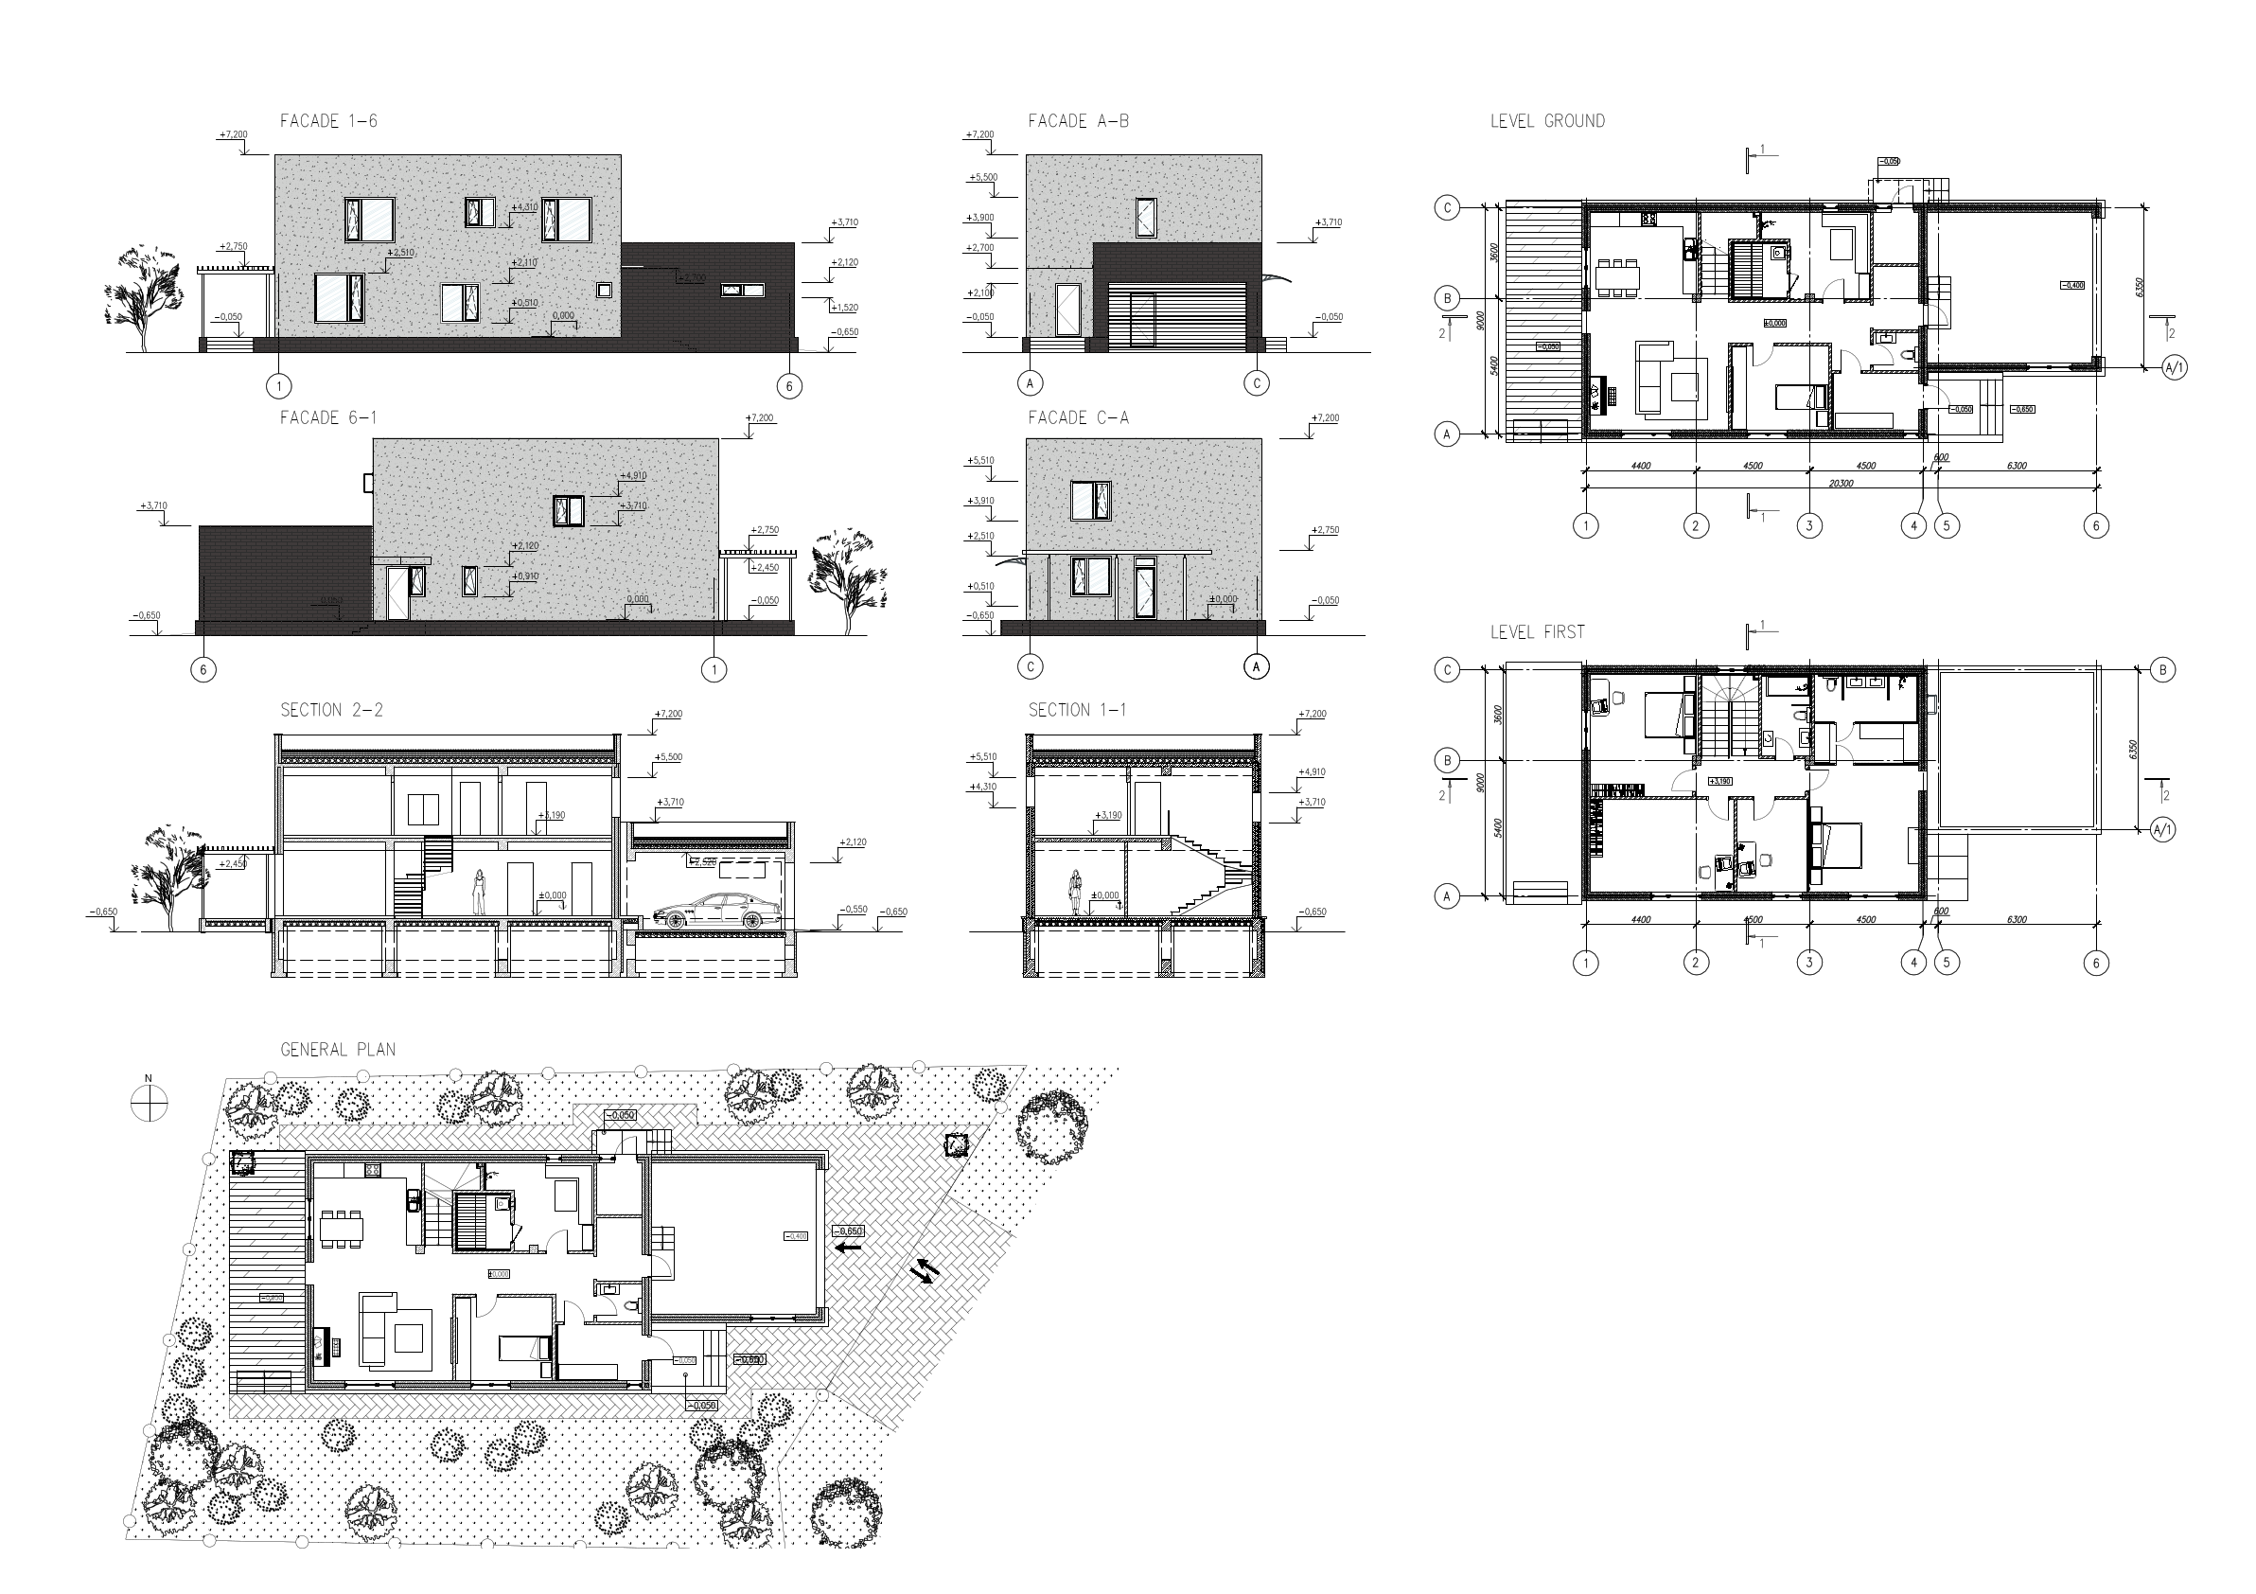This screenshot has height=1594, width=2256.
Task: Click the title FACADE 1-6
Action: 328,122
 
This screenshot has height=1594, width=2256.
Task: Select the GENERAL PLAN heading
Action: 338,1050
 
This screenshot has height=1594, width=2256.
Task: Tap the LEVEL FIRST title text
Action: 1537,632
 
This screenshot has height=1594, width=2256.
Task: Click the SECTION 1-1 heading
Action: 1077,711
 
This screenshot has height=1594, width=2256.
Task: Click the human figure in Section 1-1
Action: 1077,894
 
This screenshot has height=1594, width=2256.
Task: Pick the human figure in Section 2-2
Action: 480,893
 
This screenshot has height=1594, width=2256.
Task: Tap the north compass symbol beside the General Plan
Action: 150,1105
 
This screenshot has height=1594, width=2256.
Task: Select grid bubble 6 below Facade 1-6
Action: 788,386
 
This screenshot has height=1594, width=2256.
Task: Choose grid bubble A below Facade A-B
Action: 1031,382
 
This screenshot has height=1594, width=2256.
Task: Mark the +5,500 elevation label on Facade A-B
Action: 982,178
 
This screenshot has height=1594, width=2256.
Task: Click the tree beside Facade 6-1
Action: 846,579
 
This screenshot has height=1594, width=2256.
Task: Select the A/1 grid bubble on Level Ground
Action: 2174,367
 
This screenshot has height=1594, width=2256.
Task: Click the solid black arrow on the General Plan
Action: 849,1248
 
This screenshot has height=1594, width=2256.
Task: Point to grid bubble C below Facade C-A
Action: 1031,666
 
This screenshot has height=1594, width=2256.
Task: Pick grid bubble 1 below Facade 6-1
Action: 714,669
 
